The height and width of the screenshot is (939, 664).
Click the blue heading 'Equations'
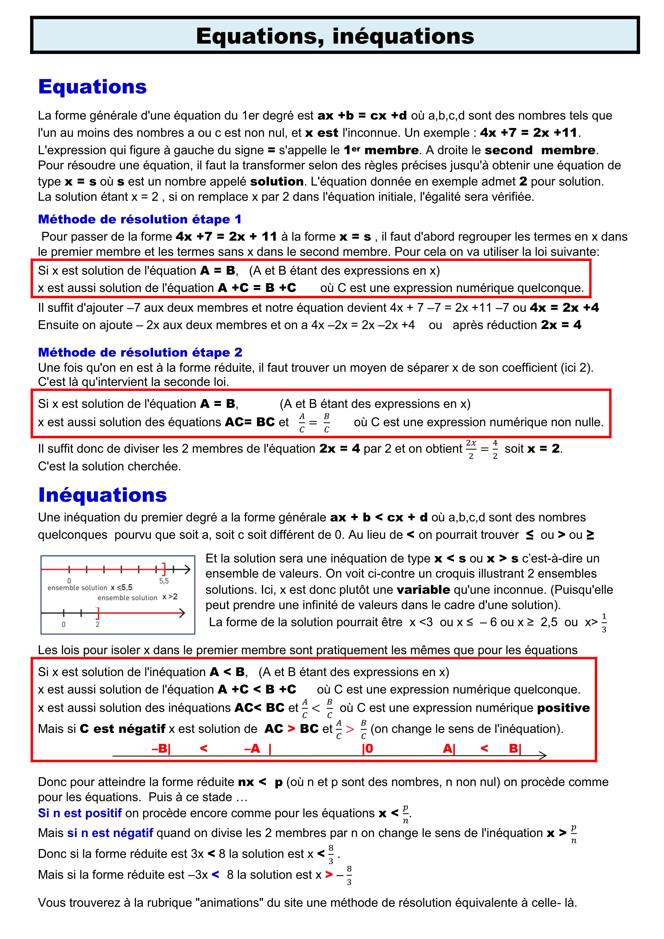[92, 87]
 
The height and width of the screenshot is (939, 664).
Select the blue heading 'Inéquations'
[103, 495]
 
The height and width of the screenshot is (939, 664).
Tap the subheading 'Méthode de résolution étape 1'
[139, 219]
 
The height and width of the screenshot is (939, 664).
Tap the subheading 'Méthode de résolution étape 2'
[140, 352]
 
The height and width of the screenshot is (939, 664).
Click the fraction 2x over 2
[471, 449]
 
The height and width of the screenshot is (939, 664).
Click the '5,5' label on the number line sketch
[164, 581]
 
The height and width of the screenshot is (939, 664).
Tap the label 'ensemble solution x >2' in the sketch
[137, 597]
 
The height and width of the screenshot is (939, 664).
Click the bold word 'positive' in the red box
[563, 708]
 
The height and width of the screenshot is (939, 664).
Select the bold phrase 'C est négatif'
[122, 729]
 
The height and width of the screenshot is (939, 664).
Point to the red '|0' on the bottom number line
[367, 749]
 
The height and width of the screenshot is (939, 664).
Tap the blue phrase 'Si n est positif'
[80, 813]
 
